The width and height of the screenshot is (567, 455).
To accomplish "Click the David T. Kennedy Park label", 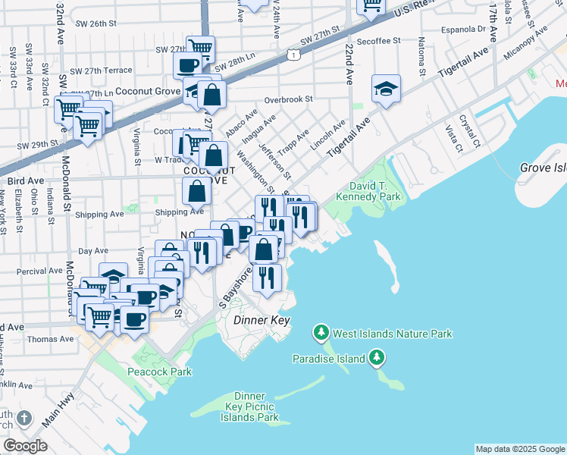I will (x=374, y=191).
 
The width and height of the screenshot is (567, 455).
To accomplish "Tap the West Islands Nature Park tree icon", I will (x=321, y=333).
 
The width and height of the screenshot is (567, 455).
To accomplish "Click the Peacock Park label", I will (x=159, y=372).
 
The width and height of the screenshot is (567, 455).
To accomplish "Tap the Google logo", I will (x=25, y=446).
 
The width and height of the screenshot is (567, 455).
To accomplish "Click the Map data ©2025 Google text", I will (x=519, y=449).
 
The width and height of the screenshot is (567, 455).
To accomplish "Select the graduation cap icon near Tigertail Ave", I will (x=386, y=89).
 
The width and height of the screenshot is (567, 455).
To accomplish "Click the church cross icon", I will (x=23, y=418).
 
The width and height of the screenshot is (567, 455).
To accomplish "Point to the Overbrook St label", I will (x=289, y=99).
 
